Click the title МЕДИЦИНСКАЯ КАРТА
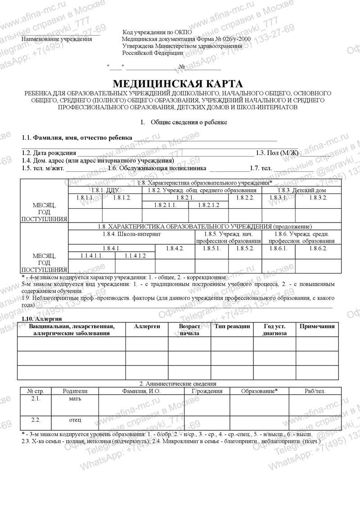(x=177, y=84)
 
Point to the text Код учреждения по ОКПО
(x=157, y=32)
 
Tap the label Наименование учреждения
(x=57, y=39)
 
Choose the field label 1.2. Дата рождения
(x=49, y=153)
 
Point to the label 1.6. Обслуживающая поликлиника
(x=157, y=168)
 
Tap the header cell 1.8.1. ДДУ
(x=104, y=190)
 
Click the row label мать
(x=75, y=398)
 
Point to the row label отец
(x=75, y=420)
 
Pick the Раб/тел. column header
(x=315, y=391)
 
